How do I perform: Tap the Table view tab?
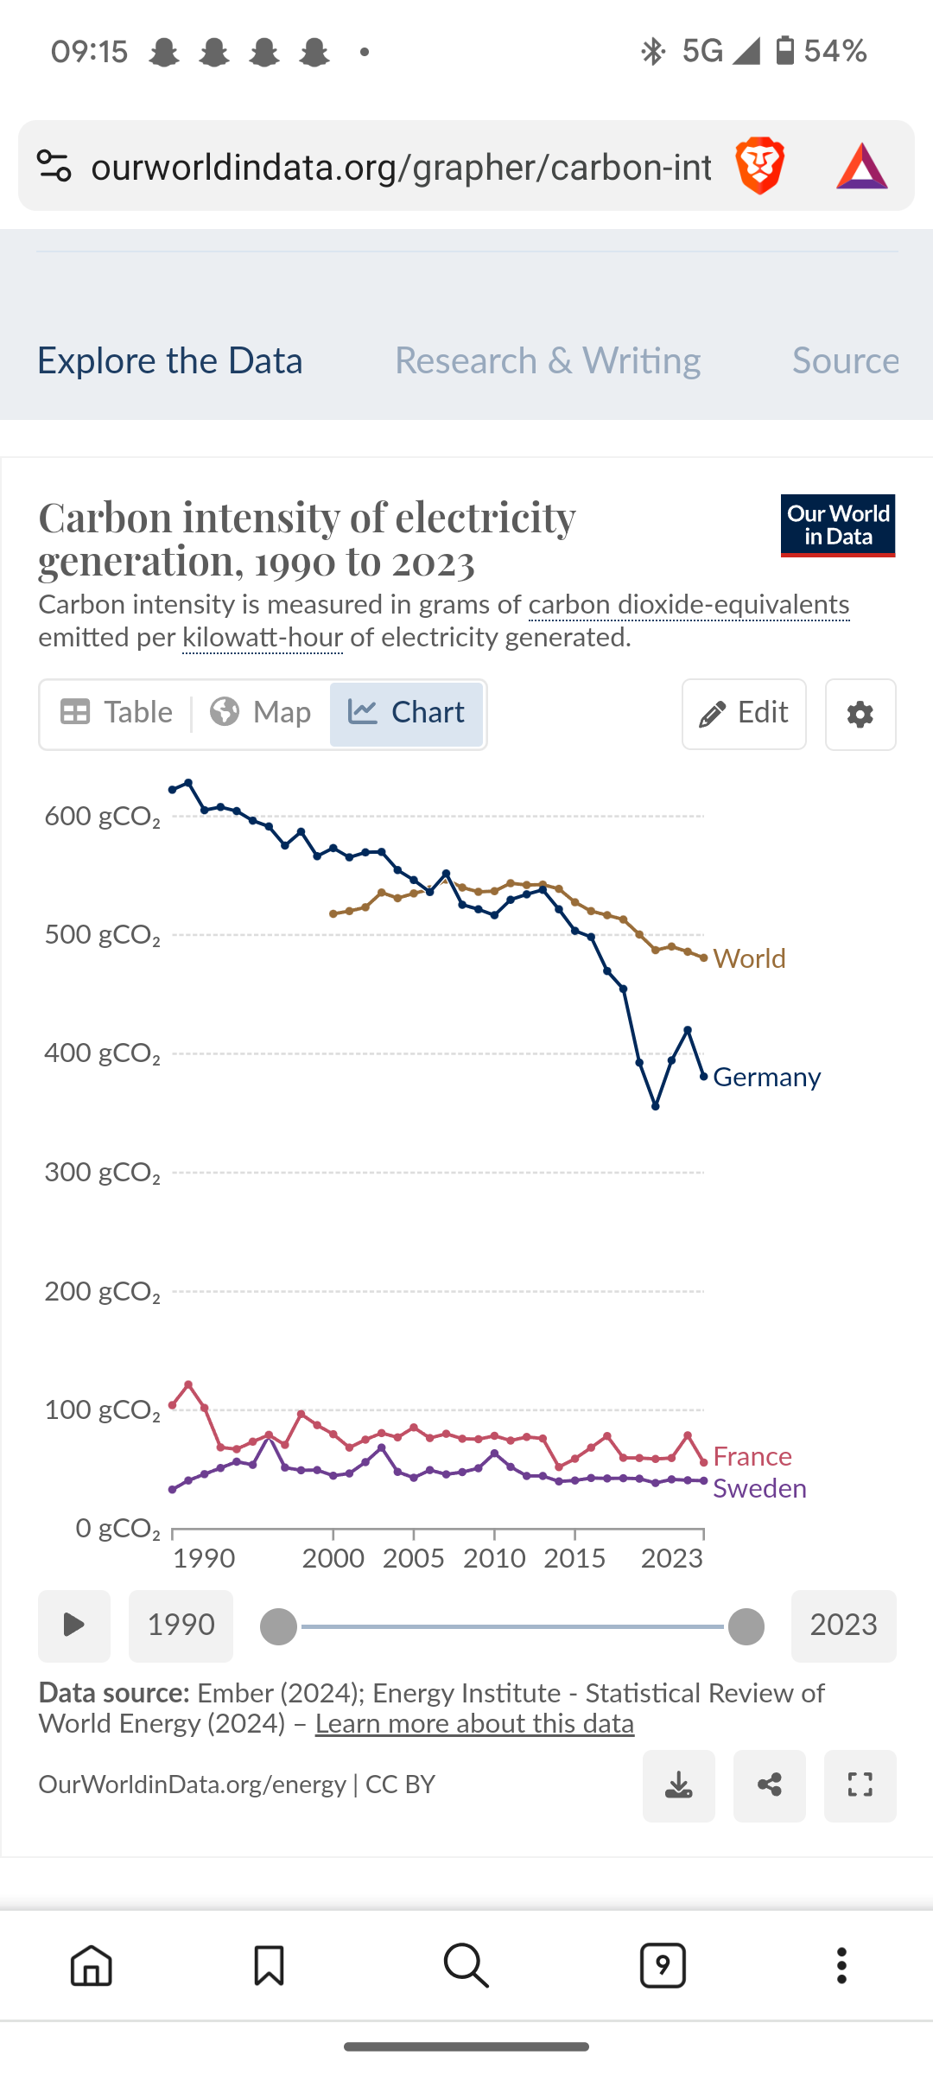117,713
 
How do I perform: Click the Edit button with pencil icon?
744,714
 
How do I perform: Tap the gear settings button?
860,715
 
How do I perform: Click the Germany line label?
766,1077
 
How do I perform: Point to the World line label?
749,958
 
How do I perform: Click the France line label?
752,1456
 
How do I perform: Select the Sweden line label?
759,1488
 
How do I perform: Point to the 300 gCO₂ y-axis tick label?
102,1173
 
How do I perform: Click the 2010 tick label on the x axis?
494,1558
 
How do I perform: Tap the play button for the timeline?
74,1625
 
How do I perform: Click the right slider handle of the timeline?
746,1626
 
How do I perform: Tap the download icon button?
679,1785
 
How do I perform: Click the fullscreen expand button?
860,1785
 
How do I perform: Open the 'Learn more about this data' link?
474,1723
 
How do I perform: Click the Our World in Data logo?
838,525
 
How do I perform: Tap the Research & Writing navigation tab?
548,360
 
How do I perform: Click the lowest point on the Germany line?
656,1106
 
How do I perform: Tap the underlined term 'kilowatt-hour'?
263,638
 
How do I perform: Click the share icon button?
770,1785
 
